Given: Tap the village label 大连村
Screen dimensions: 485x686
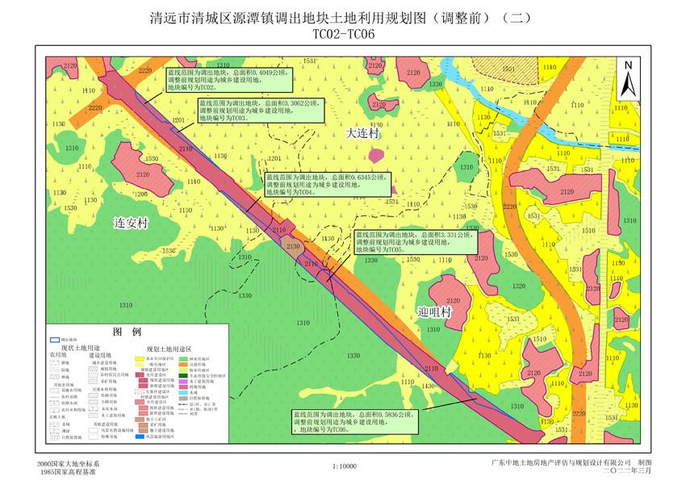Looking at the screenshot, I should coord(362,133).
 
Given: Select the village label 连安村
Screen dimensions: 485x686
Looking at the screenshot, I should coord(131,223).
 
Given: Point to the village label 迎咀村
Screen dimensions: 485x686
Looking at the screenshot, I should coord(434,311).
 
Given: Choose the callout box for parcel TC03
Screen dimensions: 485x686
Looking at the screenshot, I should coord(248,110).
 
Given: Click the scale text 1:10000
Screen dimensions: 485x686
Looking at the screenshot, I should coord(344,466).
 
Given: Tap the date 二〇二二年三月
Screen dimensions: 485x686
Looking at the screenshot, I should coord(609,471).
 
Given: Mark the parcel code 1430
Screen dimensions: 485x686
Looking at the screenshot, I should coord(327,240).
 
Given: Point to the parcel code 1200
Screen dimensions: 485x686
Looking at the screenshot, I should coord(140,194).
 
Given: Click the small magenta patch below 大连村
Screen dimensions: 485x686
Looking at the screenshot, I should coord(373,153).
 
